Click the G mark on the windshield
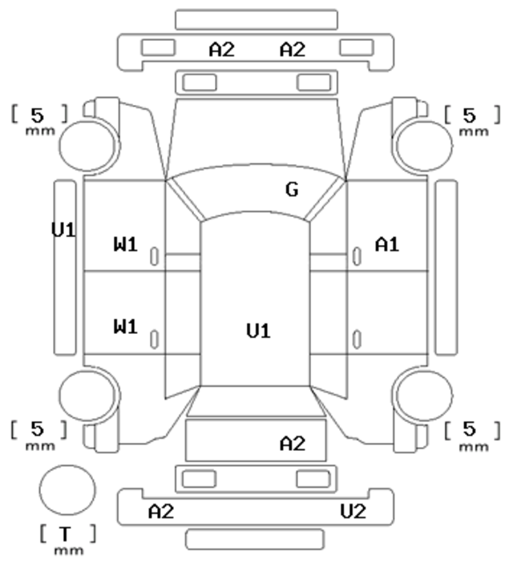click(x=292, y=189)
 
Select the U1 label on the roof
click(x=258, y=331)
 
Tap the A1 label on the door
click(x=387, y=244)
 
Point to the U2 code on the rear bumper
click(x=353, y=511)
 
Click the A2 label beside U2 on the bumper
click(x=161, y=511)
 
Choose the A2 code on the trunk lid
click(x=293, y=444)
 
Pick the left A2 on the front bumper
click(x=222, y=49)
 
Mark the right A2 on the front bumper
click(x=293, y=49)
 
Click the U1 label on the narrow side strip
click(x=63, y=230)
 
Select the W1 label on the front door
click(x=126, y=244)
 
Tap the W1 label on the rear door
click(x=126, y=327)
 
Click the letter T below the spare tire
click(x=65, y=534)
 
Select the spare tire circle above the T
click(x=67, y=490)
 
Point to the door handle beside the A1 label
click(x=357, y=256)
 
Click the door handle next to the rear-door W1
click(x=154, y=340)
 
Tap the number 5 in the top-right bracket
click(x=470, y=115)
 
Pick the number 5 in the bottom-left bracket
click(x=37, y=428)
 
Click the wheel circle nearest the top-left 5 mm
click(x=87, y=146)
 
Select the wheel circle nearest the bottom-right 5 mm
click(x=424, y=396)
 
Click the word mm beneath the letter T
click(x=69, y=550)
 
